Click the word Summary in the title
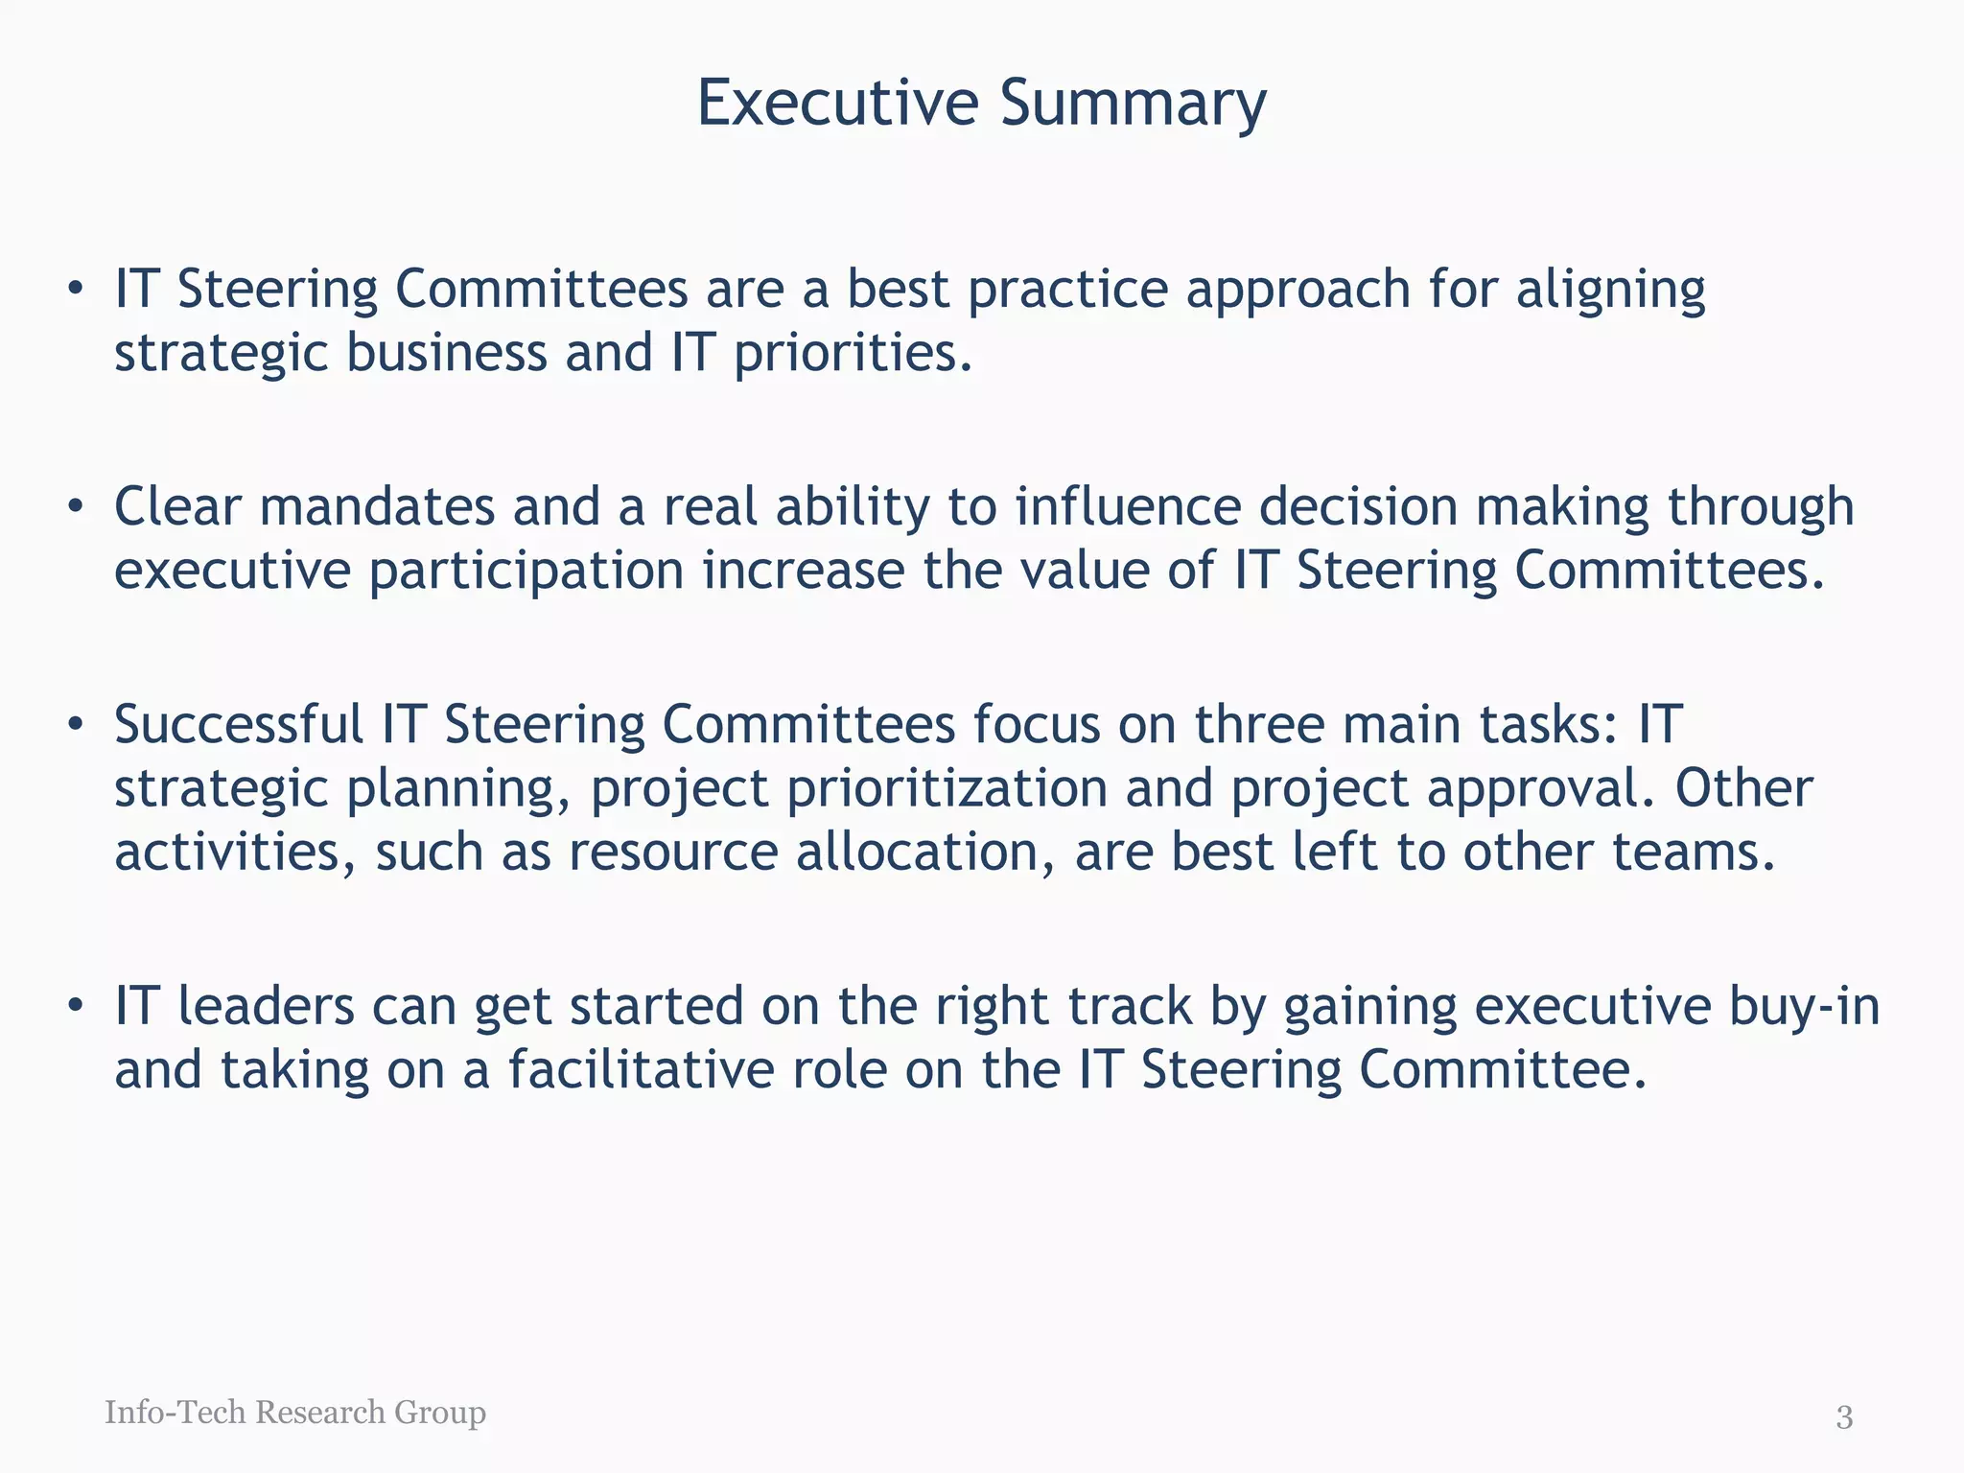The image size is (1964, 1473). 1133,104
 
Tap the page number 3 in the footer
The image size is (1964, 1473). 1844,1416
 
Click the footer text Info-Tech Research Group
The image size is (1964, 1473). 295,1412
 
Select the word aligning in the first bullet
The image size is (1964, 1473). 1611,291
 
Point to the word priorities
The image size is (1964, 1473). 853,354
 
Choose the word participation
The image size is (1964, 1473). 526,572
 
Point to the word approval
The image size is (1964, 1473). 1541,789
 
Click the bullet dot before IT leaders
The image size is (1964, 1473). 76,1006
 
